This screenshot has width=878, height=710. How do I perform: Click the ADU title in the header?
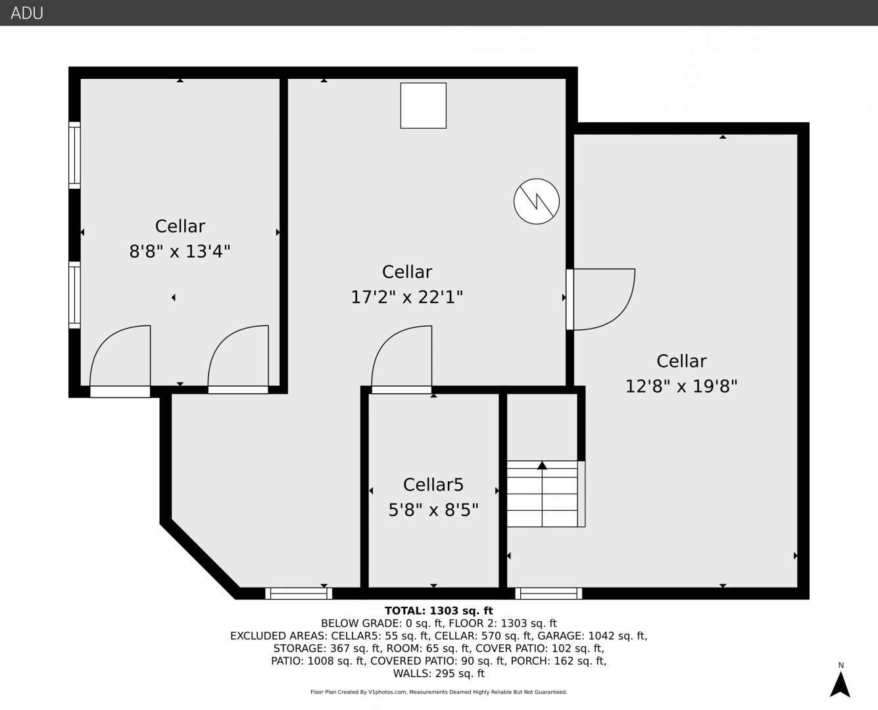(x=27, y=13)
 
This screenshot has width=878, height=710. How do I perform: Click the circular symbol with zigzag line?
(x=536, y=202)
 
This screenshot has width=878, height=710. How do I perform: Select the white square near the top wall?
(x=424, y=105)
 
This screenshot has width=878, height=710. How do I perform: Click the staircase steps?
(x=542, y=494)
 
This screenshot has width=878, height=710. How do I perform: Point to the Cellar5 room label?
(x=433, y=485)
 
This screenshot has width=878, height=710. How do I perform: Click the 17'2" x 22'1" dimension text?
(x=407, y=297)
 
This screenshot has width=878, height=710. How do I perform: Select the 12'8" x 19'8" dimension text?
(x=681, y=387)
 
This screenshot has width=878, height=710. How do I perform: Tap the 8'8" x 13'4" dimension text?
(x=180, y=251)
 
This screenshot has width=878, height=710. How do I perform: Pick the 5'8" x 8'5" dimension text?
(x=433, y=510)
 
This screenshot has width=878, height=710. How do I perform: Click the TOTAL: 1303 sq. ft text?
(x=439, y=611)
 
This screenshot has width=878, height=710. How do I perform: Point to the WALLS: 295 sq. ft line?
(x=439, y=674)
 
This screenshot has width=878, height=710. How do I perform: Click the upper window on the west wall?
(x=74, y=155)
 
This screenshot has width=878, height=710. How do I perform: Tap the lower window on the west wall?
(x=74, y=295)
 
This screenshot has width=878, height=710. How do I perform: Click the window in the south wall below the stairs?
(x=549, y=594)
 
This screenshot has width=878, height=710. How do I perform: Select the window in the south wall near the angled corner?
(x=299, y=594)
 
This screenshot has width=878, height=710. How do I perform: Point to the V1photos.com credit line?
(x=439, y=692)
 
